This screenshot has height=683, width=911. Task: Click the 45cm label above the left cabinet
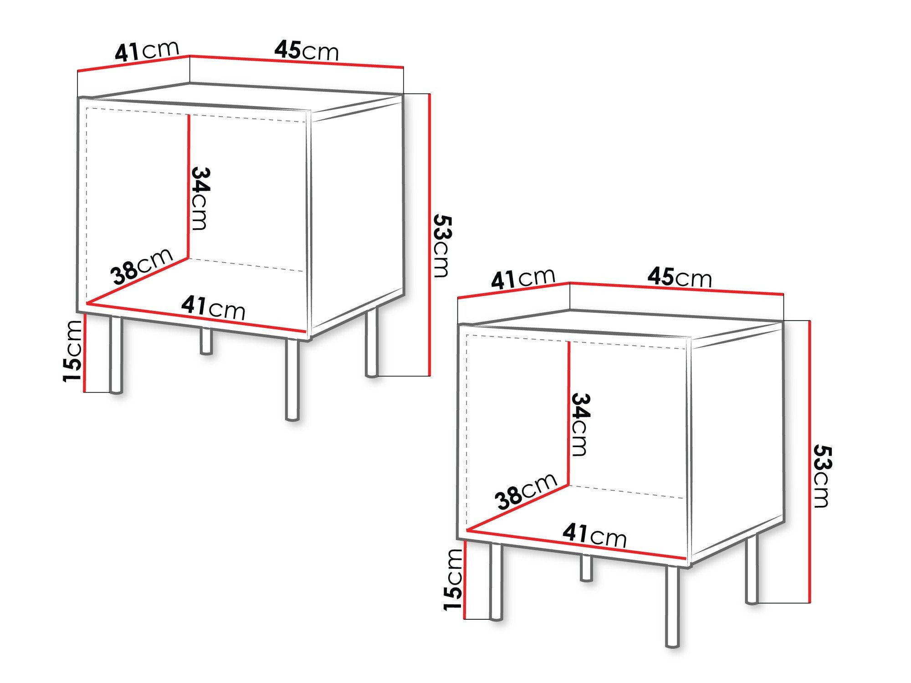(307, 51)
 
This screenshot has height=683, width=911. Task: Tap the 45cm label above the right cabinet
(679, 277)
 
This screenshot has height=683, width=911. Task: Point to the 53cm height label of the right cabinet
(822, 476)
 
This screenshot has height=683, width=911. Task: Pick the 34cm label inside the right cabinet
(580, 424)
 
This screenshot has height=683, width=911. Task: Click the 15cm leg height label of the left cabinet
(73, 351)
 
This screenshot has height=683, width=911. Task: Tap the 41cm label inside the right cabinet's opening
(594, 535)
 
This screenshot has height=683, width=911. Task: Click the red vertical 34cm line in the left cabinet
(188, 187)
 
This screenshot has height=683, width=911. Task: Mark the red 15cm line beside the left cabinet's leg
(85, 353)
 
